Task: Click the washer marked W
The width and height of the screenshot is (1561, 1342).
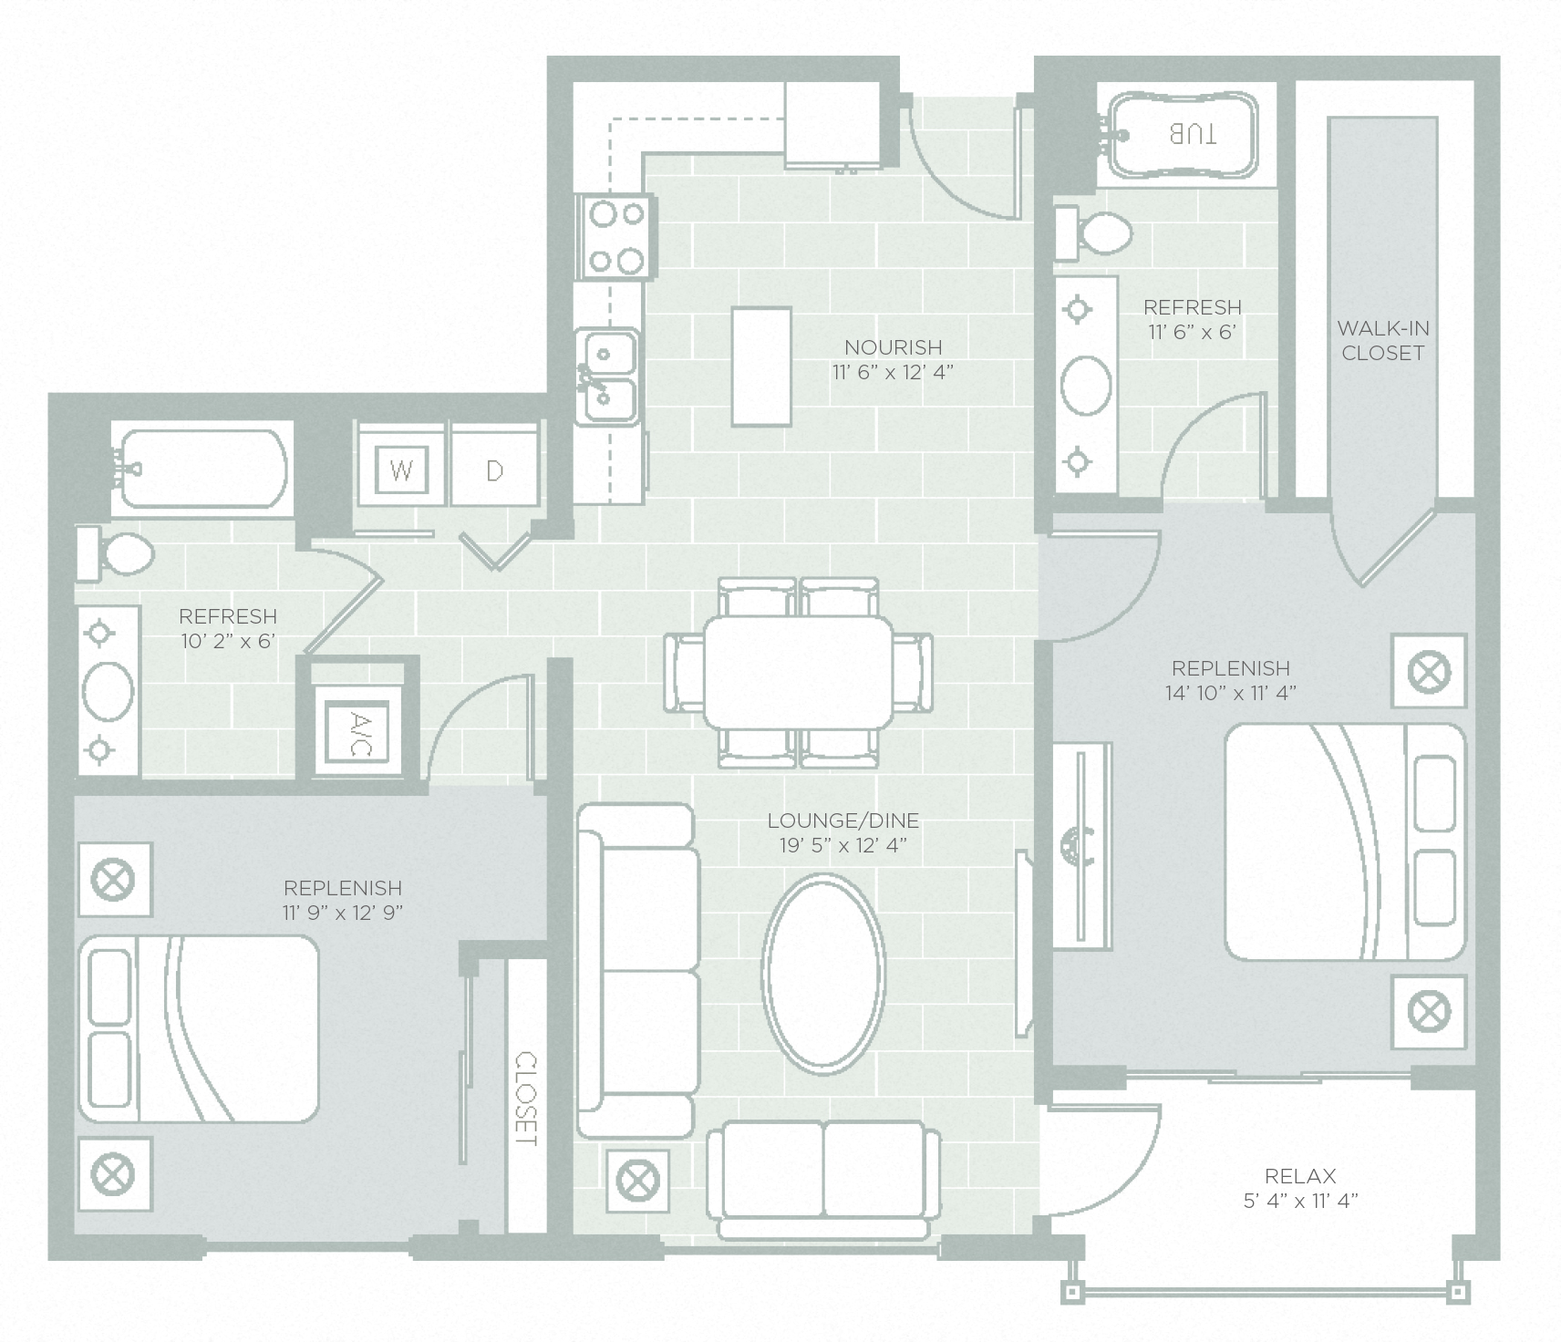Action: point(402,470)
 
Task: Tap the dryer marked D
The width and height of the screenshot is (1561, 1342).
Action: point(494,470)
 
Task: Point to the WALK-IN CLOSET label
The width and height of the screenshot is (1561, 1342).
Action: point(1383,340)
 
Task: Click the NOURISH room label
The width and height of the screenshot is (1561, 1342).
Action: point(893,347)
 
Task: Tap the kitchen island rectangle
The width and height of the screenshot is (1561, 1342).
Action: point(760,366)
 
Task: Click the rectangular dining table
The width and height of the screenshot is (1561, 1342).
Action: point(799,672)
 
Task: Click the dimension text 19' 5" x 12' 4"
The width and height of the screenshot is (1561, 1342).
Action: point(843,846)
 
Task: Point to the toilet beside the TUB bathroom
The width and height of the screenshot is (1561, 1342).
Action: point(1096,232)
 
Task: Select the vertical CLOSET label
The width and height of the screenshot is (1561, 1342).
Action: point(526,1099)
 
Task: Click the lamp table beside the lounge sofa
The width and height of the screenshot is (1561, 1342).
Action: point(637,1181)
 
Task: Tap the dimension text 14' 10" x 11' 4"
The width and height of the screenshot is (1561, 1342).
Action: point(1230,693)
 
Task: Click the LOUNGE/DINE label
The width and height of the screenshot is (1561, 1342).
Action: point(843,821)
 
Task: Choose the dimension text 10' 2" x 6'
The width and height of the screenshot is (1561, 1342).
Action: point(227,641)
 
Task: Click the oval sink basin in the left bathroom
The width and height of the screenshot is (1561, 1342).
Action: point(108,690)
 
